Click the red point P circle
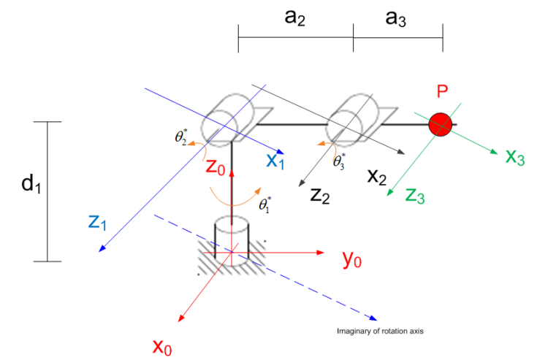click(x=441, y=124)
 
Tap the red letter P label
click(x=441, y=92)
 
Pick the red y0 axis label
click(x=351, y=259)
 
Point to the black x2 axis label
click(x=378, y=176)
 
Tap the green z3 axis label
click(x=414, y=195)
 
